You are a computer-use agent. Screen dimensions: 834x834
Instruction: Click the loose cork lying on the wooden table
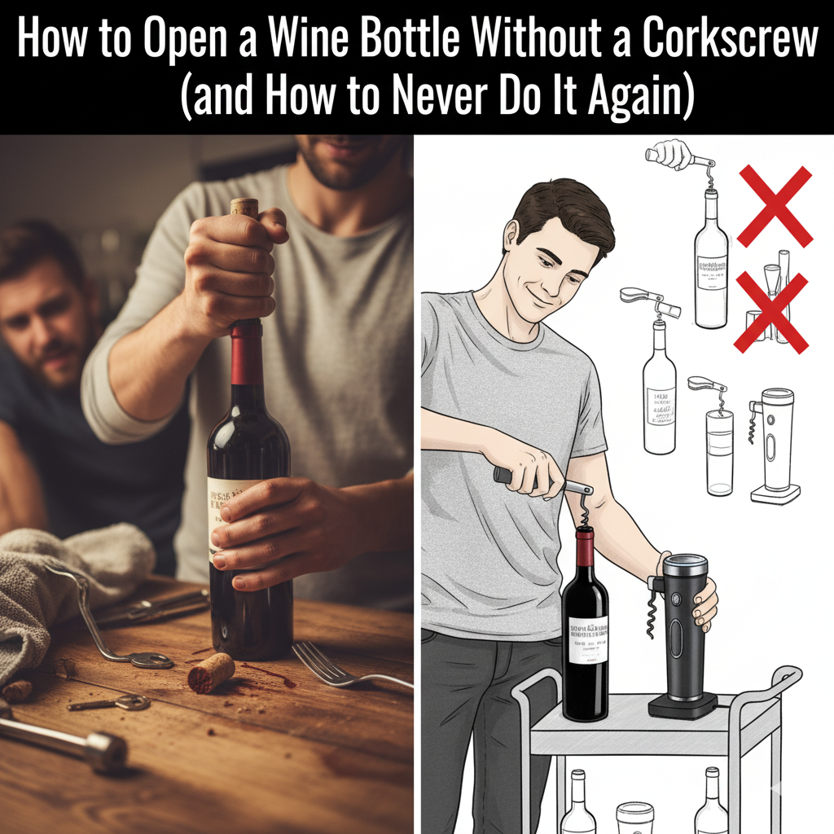(x=211, y=673)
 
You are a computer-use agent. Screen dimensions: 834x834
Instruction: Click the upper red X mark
(x=775, y=206)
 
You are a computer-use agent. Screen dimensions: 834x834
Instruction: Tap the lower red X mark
(x=770, y=313)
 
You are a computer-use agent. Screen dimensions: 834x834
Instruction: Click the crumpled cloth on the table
(x=65, y=586)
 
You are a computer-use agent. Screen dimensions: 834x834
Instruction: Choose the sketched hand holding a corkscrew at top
(x=670, y=155)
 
